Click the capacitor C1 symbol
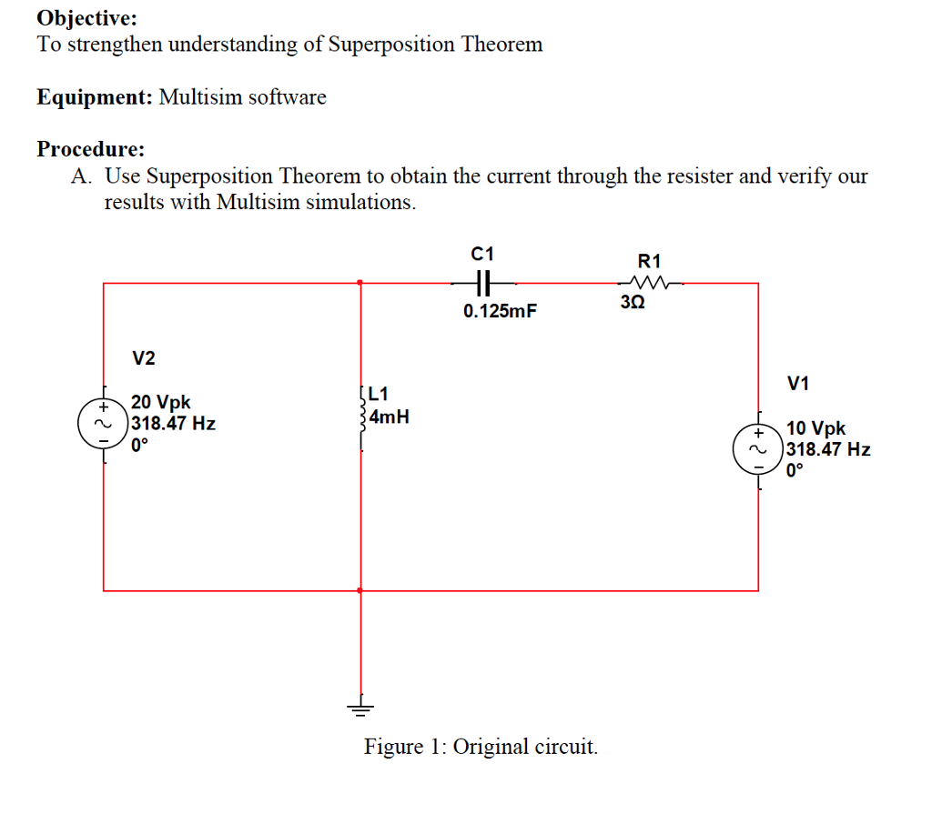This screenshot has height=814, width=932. click(x=482, y=282)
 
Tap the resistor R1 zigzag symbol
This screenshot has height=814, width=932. click(x=653, y=282)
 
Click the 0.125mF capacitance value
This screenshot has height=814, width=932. click(x=500, y=312)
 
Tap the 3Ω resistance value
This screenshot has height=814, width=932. click(x=633, y=302)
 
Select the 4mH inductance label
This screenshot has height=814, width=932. click(x=390, y=417)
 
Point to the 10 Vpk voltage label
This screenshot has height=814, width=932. click(x=815, y=428)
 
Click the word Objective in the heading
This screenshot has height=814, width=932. click(x=87, y=17)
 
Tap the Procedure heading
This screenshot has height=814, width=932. click(x=90, y=149)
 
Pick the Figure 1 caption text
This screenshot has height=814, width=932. click(x=481, y=747)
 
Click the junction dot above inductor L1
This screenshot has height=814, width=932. click(x=360, y=283)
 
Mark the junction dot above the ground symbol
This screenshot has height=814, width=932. click(x=360, y=590)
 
